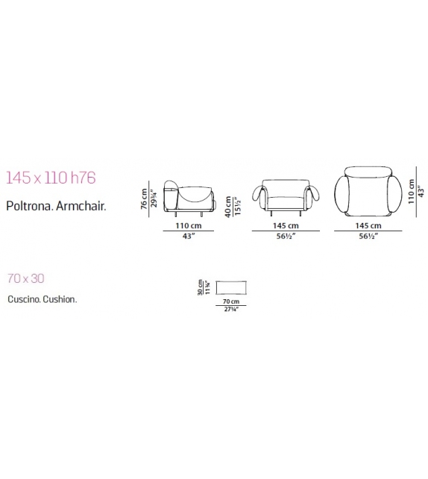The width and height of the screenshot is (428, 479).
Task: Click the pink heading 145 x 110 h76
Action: coord(51,178)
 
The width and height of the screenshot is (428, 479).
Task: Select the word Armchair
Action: coord(81,206)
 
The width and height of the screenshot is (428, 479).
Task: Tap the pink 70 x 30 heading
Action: coord(26,278)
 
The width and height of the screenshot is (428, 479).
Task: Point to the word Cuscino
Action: coord(24,299)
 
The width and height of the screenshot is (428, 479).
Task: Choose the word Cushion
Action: coord(60,299)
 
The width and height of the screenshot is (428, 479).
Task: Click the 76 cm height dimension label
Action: coord(144,199)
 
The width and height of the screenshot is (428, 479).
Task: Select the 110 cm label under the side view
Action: coord(189,226)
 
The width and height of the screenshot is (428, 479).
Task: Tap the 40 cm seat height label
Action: coord(228,207)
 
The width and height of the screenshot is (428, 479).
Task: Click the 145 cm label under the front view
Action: coord(286,226)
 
